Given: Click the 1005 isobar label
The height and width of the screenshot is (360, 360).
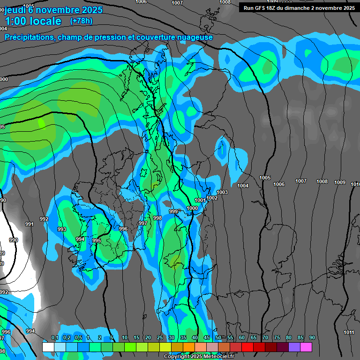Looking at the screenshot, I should coord(265,178).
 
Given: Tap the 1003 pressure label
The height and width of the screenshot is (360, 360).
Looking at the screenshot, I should coord(222,192).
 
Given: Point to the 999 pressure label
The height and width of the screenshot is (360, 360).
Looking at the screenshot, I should coord(173,211).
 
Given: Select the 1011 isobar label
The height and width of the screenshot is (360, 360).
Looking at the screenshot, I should coord(348,332).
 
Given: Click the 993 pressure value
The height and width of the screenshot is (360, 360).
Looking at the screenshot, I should coord(61,229).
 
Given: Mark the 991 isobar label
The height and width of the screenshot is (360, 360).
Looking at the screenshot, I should coord(29,224).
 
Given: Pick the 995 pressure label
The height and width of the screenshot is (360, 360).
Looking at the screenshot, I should coord(97,240).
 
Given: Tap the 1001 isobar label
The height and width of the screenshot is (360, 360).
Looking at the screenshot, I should coord(200,200).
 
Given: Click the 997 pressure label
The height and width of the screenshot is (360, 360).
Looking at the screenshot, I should coord(143,223).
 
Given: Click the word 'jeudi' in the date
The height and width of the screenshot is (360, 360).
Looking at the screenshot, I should coord(15,9).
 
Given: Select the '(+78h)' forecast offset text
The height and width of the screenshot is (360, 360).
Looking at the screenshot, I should coord(81,21).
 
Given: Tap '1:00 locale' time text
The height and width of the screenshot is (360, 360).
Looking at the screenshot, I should coord(33,21).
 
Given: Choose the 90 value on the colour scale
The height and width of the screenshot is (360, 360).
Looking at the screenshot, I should coord(312,337).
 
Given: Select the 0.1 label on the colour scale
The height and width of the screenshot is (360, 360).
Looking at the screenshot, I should coord(54,337).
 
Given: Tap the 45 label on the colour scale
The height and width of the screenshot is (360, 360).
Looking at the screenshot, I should coord(207,337).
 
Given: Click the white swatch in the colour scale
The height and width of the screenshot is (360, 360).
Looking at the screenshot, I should coord(48,347).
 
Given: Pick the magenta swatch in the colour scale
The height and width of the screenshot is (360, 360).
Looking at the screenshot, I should coord(306,347).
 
